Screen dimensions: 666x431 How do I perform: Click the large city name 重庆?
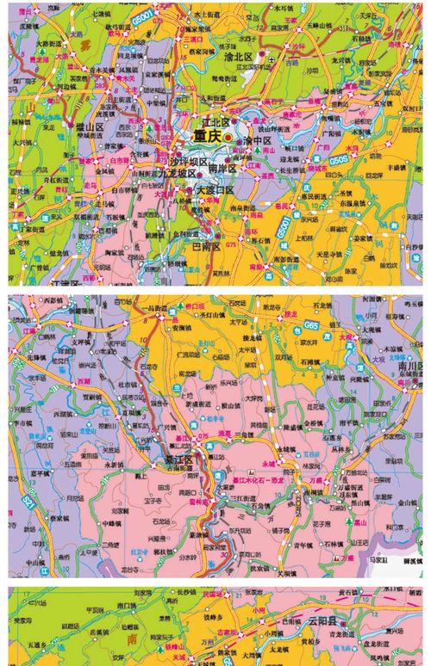click(207, 136)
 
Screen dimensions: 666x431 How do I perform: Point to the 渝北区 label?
click(241, 59)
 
